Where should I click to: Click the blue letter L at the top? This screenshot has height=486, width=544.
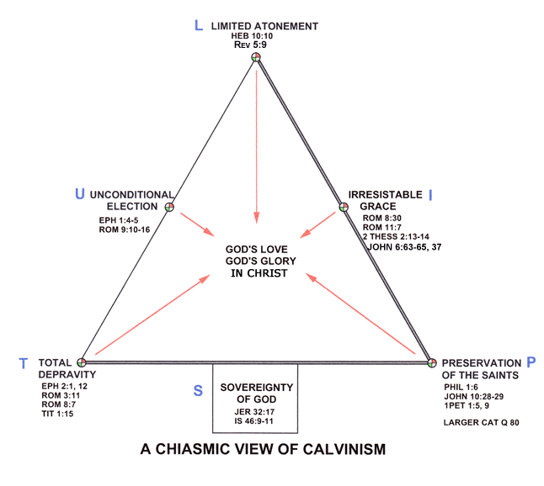(199, 25)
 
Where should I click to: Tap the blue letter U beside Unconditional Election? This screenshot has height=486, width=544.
(80, 195)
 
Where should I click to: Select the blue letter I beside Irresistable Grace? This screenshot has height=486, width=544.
(431, 195)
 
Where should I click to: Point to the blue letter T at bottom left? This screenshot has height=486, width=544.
(24, 363)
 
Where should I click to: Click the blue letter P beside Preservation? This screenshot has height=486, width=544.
(531, 362)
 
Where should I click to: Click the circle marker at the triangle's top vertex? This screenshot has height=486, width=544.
(256, 57)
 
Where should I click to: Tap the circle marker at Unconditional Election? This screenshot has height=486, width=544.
(169, 206)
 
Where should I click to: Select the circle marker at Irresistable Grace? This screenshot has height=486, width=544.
(343, 206)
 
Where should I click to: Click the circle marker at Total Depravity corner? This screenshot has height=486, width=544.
(82, 362)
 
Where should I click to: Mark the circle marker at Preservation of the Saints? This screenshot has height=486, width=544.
(431, 362)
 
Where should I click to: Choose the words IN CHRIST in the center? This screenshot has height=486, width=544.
(257, 274)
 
